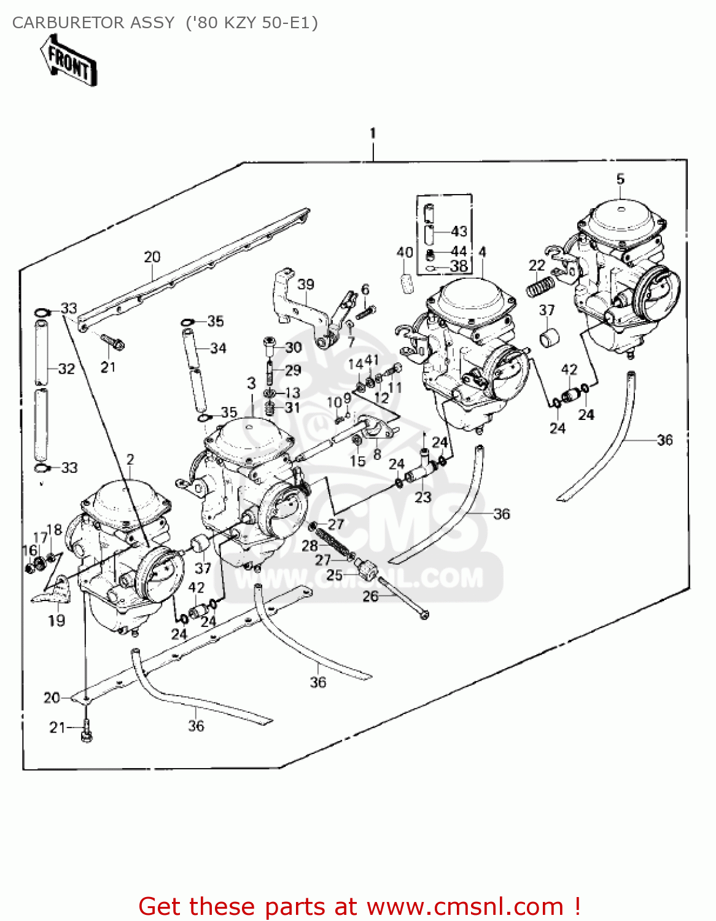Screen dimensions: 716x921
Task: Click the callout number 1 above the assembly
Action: [x=373, y=133]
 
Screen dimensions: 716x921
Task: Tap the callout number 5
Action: [x=620, y=179]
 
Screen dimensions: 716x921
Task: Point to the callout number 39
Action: [x=305, y=284]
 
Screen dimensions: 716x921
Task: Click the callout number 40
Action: [x=405, y=252]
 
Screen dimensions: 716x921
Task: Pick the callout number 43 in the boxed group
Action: [x=459, y=231]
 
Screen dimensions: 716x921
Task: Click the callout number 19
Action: [x=56, y=621]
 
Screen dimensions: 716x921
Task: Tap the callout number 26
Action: [x=370, y=596]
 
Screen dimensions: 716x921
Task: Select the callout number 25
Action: [x=335, y=575]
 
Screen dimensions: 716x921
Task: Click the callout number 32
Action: [x=66, y=369]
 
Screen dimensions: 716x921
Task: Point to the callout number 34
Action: [x=218, y=348]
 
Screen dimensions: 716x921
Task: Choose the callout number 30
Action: [x=294, y=348]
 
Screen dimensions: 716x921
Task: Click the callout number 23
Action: [x=423, y=497]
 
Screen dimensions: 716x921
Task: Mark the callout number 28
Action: [x=309, y=546]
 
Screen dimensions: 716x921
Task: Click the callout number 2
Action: [x=130, y=459]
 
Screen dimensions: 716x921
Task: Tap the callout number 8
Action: [x=377, y=454]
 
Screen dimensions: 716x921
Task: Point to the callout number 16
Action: [x=29, y=550]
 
